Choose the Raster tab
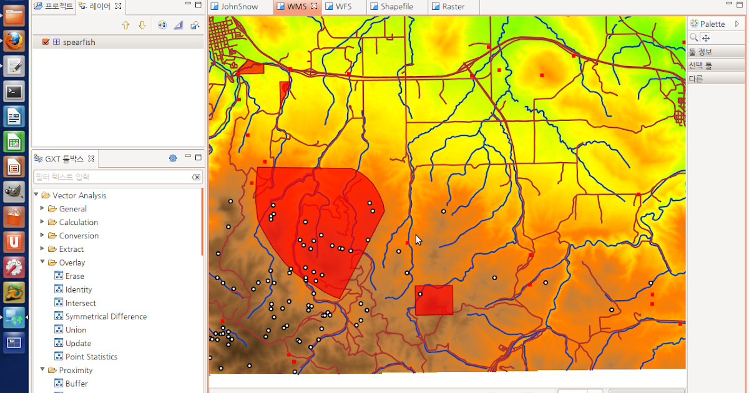click(453, 7)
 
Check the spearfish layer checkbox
click(45, 42)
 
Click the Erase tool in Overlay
click(74, 276)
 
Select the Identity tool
click(78, 289)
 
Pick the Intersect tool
click(81, 303)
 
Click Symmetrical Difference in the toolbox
click(105, 316)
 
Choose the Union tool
click(76, 330)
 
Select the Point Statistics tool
click(91, 357)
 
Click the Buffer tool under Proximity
click(76, 384)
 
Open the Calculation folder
click(78, 222)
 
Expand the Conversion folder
click(79, 236)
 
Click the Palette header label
click(712, 24)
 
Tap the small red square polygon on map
click(434, 300)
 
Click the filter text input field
click(112, 177)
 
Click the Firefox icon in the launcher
click(14, 41)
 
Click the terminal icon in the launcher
click(14, 92)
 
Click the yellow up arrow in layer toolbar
click(125, 25)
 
